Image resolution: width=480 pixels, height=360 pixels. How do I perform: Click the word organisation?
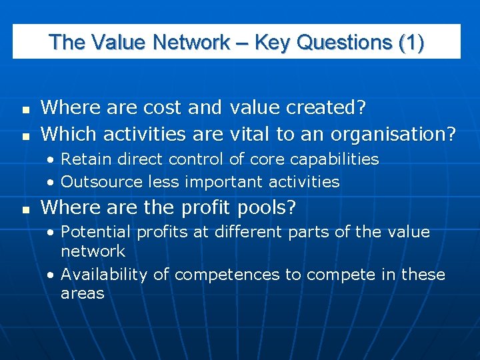tap(387, 134)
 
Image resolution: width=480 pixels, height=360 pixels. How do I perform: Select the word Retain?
tap(88, 159)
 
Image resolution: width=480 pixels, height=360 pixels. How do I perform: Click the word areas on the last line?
tap(82, 293)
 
